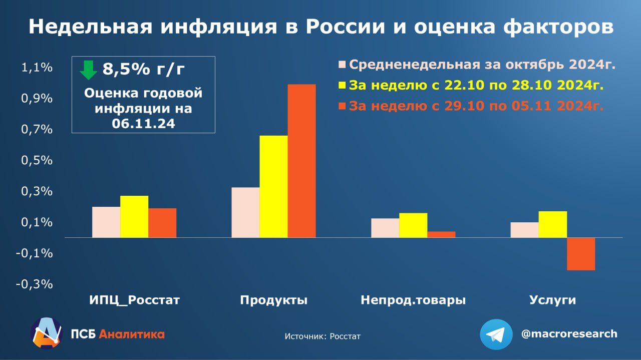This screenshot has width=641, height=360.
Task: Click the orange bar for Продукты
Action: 301,161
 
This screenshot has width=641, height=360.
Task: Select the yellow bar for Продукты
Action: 273,186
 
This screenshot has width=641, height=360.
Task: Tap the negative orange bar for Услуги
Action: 581,254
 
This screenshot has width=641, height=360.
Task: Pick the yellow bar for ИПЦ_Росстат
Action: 134,216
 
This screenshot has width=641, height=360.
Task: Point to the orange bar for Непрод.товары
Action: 441,234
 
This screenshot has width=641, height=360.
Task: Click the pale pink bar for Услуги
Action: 524,230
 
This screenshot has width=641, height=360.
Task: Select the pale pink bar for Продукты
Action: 245,212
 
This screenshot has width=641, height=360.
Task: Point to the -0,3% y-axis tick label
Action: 34,284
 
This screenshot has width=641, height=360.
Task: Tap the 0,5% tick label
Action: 37,161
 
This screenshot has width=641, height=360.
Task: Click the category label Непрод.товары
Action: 413,300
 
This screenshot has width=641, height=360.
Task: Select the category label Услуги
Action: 553,300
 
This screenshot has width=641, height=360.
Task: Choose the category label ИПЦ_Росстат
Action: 134,300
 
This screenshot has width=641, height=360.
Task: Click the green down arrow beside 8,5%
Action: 88,70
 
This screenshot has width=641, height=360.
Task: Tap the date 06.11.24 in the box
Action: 143,124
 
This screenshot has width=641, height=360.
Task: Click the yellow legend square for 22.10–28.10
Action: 343,85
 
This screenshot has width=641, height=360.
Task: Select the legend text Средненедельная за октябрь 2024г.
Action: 482,65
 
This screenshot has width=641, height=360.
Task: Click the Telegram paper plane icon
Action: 496,334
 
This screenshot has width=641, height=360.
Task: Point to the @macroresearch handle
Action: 569,334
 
